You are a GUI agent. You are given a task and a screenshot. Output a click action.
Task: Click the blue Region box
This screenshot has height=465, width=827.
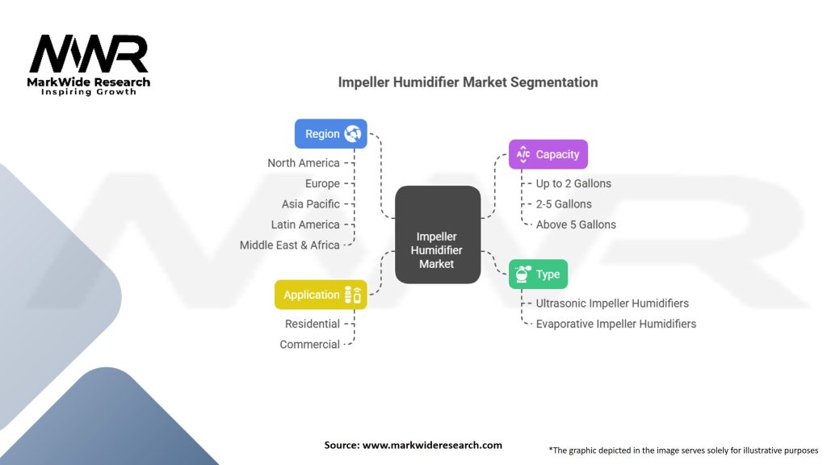330,134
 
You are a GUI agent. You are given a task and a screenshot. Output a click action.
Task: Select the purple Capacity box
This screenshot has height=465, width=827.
548,154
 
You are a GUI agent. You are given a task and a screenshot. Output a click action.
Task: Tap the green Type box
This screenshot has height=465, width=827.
538,274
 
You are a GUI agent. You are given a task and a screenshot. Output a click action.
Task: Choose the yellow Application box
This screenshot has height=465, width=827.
321,295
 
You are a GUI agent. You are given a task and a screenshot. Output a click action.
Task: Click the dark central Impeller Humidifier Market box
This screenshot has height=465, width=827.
438,235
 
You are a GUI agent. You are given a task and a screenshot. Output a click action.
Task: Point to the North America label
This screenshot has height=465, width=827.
304,163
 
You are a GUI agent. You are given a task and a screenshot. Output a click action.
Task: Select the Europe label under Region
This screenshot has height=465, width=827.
322,183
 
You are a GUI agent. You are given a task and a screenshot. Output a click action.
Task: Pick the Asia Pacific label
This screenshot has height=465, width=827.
311,204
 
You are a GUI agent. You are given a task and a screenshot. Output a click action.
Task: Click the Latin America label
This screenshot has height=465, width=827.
305,224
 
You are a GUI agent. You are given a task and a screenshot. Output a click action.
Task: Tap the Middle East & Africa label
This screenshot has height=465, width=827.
290,245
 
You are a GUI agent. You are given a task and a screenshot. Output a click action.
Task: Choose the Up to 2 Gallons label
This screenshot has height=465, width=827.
573,183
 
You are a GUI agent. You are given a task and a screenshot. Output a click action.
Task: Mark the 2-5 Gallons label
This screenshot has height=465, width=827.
564,204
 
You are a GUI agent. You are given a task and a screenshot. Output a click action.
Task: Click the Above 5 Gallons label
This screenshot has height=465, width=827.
576,224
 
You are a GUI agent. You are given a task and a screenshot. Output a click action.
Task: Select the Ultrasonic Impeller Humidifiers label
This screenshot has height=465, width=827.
612,304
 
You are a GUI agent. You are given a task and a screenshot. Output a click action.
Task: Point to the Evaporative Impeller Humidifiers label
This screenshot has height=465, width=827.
616,324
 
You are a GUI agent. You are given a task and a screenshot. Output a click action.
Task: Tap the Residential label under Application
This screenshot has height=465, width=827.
313,324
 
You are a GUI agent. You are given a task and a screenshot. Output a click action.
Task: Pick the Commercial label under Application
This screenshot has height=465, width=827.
309,344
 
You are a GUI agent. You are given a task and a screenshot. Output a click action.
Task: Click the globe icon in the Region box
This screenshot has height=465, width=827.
353,133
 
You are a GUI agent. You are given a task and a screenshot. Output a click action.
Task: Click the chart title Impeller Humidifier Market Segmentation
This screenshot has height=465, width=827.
468,82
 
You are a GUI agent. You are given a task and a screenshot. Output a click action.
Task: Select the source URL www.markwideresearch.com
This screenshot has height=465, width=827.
432,445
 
